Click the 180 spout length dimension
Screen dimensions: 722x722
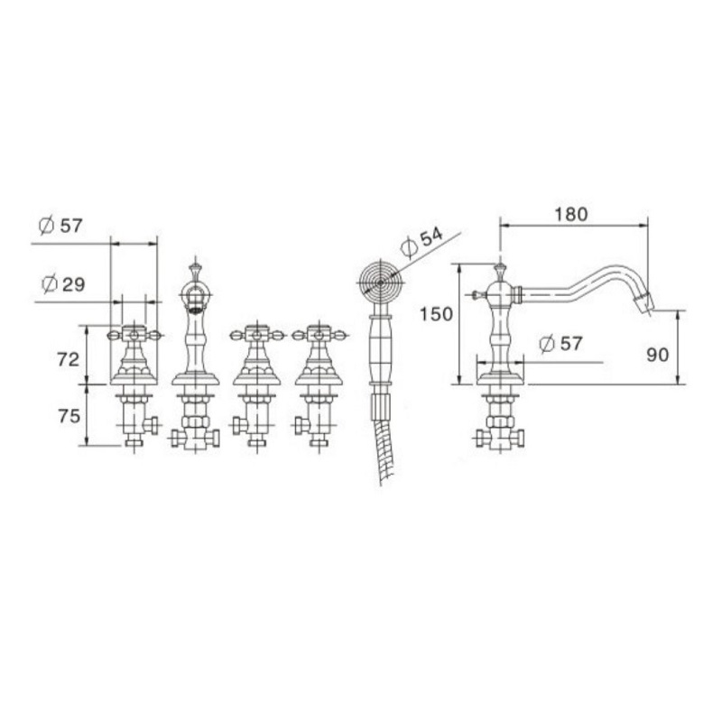coord(571,215)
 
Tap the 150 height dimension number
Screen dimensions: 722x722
coord(436,314)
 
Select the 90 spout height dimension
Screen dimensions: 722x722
coord(658,355)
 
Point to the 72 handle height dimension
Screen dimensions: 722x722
coord(69,359)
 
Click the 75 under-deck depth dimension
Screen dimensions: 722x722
coord(69,416)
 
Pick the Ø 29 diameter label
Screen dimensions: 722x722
coord(63,284)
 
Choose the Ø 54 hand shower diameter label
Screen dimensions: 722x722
coord(421,242)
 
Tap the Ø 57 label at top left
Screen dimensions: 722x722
coord(60,226)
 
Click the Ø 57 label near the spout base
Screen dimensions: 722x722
coord(560,344)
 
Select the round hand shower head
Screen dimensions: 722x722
coord(380,282)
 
